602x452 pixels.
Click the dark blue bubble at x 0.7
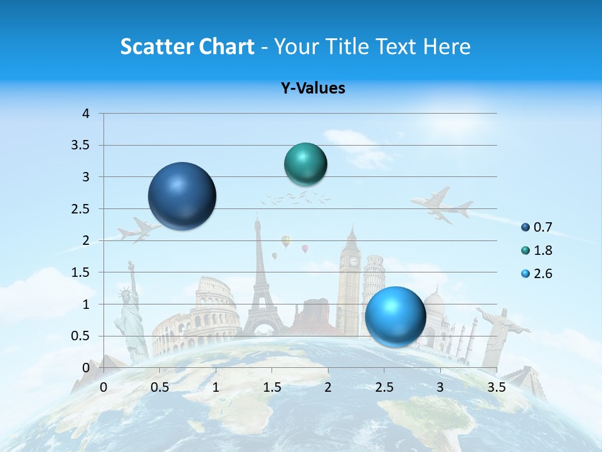click(x=182, y=196)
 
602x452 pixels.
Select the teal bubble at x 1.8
click(x=306, y=164)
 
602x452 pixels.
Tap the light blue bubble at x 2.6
click(x=396, y=316)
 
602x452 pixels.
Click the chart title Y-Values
click(x=313, y=89)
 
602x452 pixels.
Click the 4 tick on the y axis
click(x=86, y=114)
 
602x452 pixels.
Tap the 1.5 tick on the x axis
click(x=272, y=387)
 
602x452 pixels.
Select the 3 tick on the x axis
click(x=440, y=387)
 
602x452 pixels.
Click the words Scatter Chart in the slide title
click(x=187, y=46)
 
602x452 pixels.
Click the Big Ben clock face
click(x=353, y=261)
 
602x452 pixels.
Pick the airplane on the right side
click(x=442, y=204)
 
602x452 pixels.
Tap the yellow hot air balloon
click(x=286, y=240)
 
